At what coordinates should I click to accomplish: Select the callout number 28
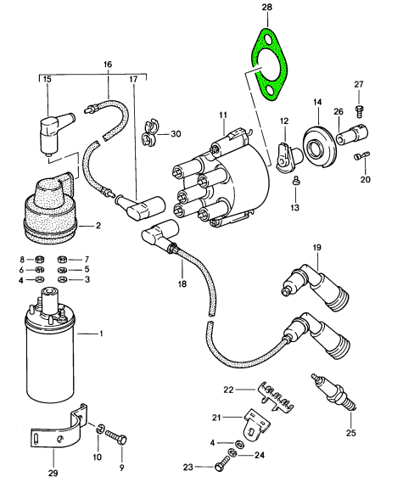(266, 7)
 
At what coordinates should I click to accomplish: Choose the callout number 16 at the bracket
(108, 65)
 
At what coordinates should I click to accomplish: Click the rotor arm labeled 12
(288, 157)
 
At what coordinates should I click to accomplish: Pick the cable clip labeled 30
(149, 133)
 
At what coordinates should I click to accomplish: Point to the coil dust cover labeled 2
(50, 211)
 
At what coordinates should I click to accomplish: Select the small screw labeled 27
(359, 112)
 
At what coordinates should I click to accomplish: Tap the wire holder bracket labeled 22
(276, 397)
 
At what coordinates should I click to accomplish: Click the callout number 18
(182, 283)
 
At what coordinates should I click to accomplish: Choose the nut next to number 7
(62, 259)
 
